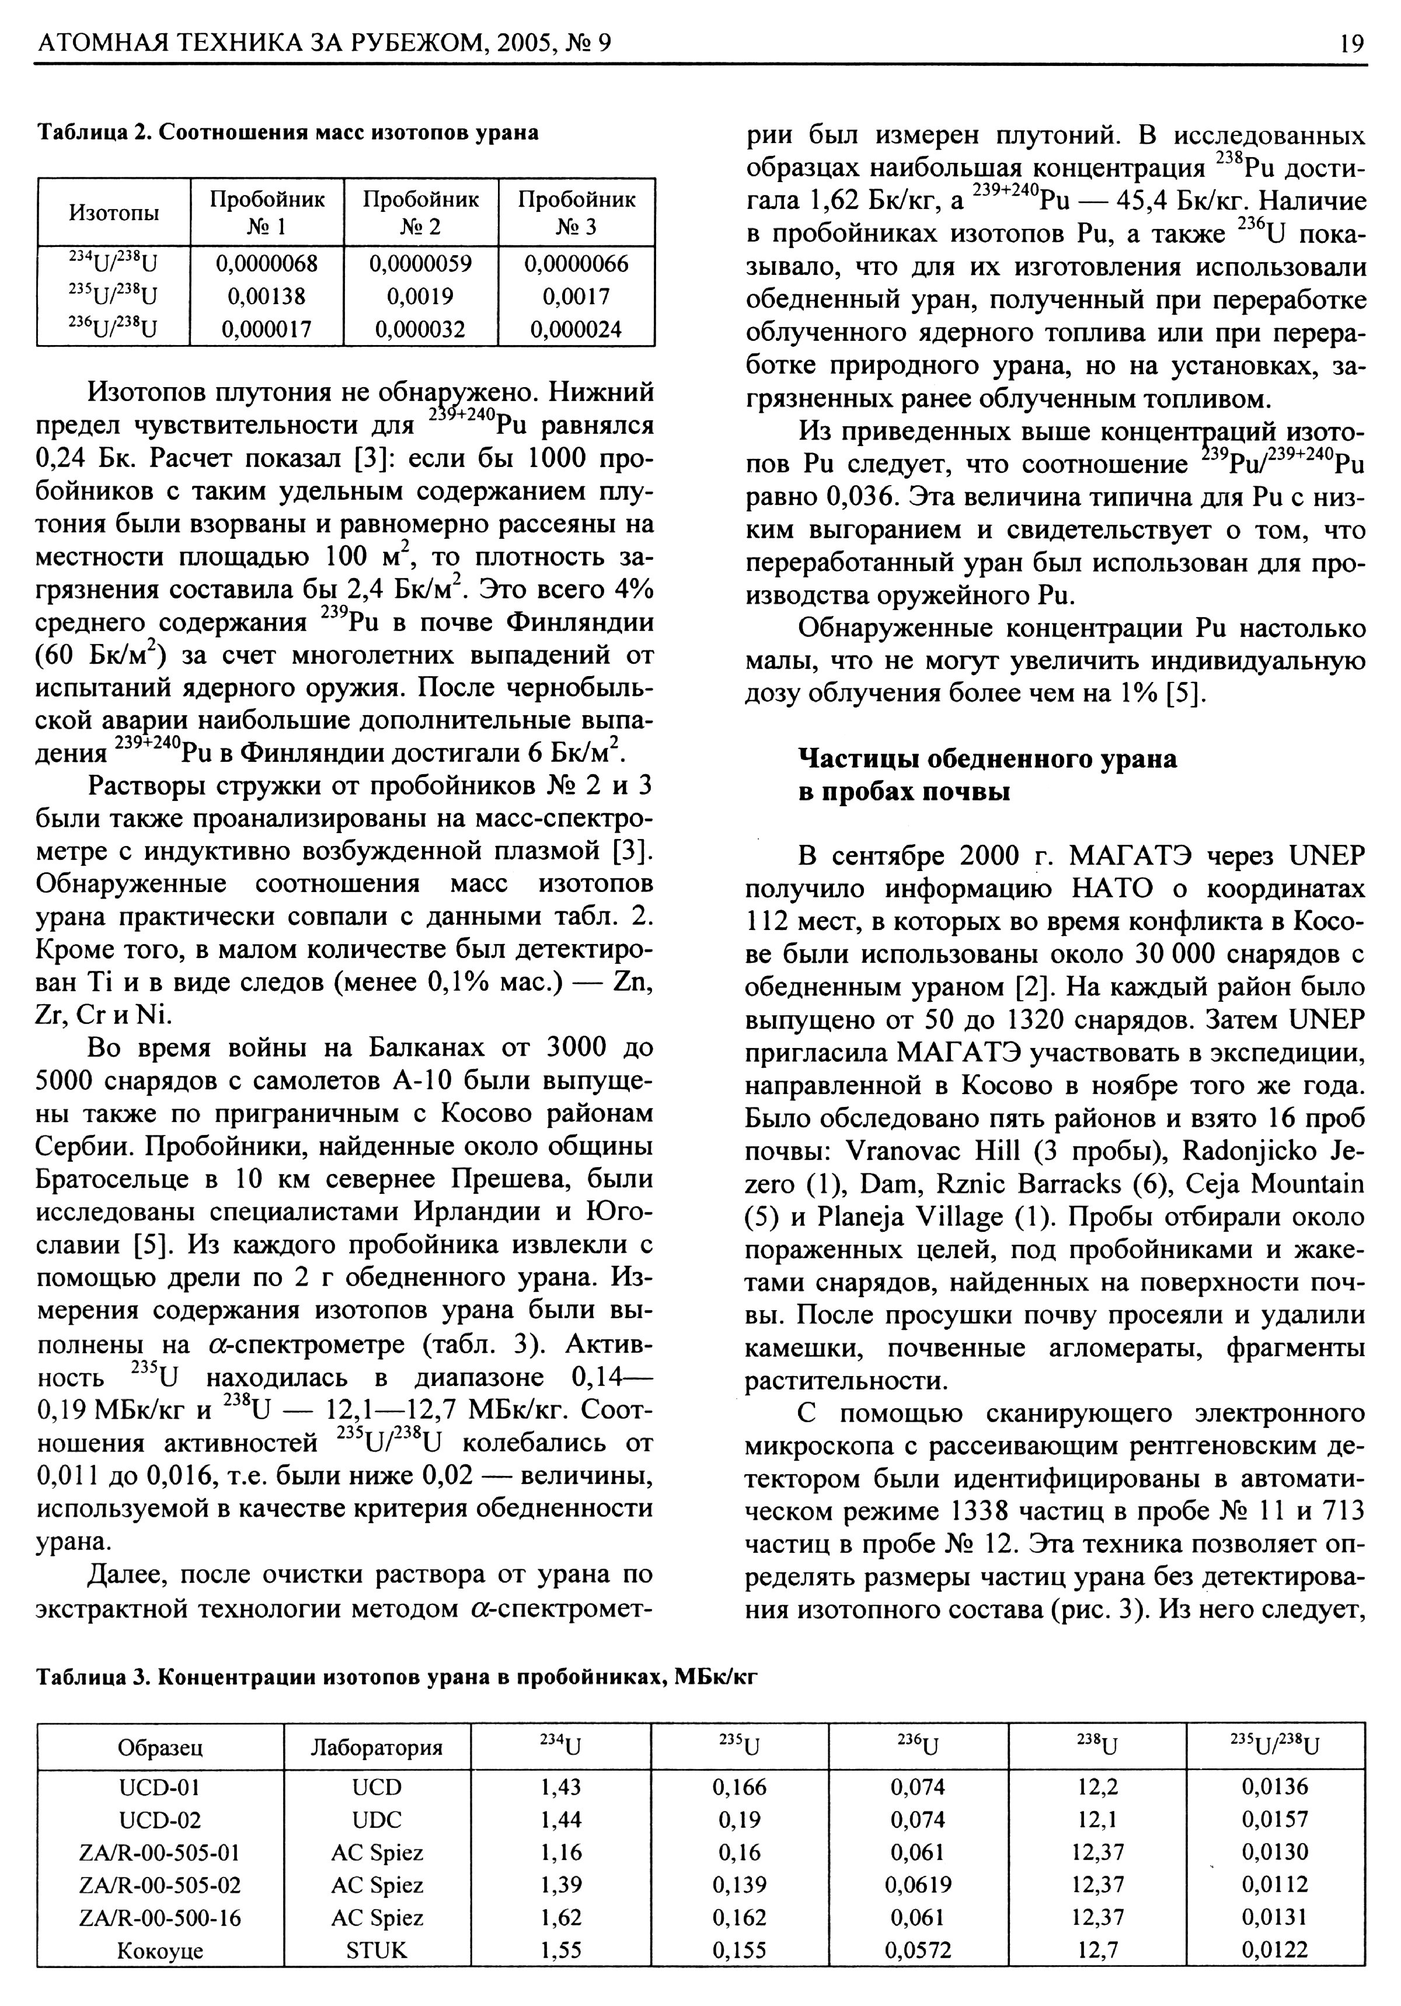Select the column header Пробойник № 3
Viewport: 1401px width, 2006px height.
(x=576, y=213)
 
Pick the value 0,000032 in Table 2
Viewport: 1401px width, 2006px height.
(x=420, y=329)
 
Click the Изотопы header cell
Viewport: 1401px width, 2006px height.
(x=114, y=213)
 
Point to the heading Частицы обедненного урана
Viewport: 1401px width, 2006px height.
(x=988, y=759)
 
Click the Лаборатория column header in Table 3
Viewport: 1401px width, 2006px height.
(x=377, y=1747)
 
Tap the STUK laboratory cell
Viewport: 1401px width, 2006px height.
(x=377, y=1950)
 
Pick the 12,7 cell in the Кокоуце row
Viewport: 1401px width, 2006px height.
(x=1097, y=1950)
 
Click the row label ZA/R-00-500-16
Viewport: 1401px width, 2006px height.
(x=160, y=1918)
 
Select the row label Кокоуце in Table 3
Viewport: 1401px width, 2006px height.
(x=160, y=1950)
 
